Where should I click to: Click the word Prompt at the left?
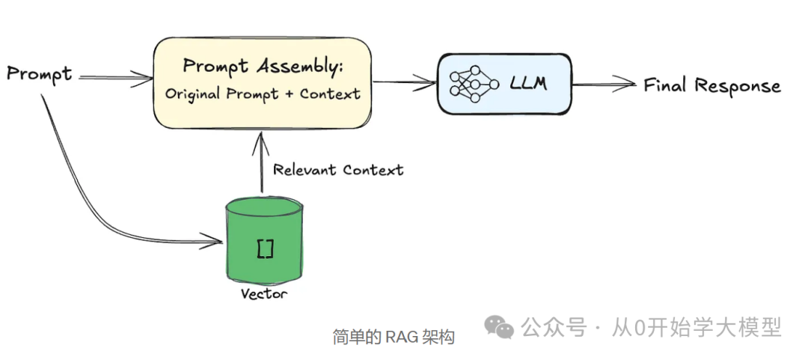tap(39, 73)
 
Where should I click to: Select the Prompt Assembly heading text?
tap(263, 66)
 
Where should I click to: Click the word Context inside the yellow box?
tap(330, 94)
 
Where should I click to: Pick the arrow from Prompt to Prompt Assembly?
tap(116, 76)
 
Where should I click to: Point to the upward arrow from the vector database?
tap(261, 161)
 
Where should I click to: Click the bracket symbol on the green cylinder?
tap(265, 248)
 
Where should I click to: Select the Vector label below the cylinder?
tap(263, 293)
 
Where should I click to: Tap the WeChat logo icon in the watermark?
tap(499, 326)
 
